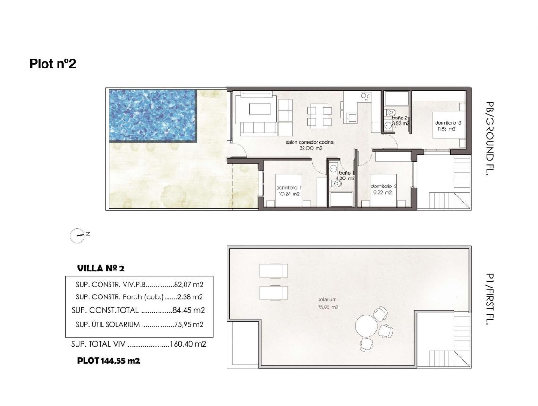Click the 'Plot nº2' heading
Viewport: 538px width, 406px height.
(x=52, y=64)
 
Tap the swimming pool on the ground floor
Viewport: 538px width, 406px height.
(x=152, y=116)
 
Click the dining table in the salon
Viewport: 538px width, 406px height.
(x=319, y=116)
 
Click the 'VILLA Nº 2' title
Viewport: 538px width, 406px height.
(x=101, y=269)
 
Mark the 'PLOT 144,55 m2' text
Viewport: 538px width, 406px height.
(x=108, y=361)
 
